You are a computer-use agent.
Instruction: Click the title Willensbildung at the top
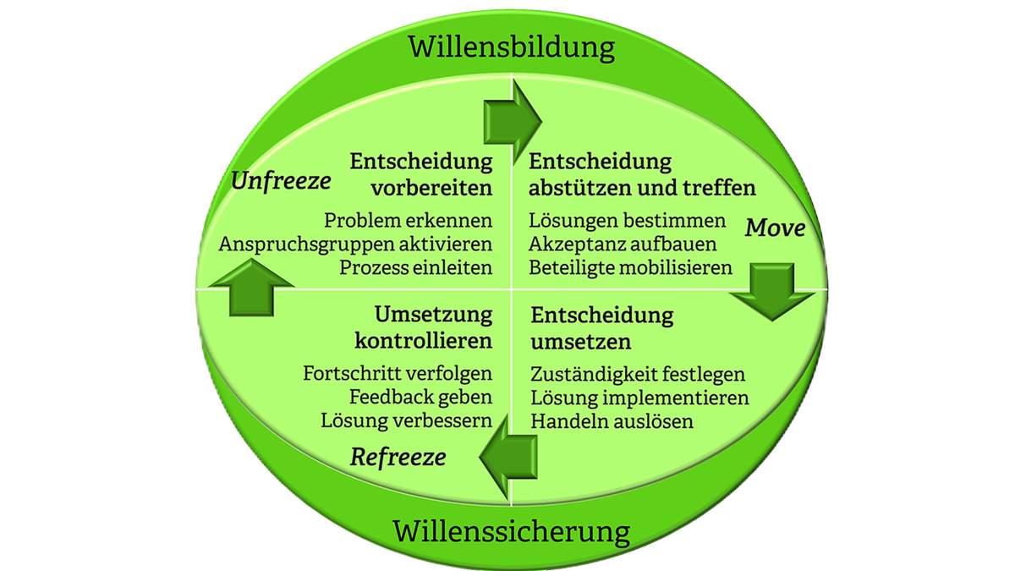click(512, 47)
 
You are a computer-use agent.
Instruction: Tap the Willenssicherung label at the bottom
click(512, 533)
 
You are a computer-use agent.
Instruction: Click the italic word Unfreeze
click(279, 181)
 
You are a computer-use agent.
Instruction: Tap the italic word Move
click(775, 228)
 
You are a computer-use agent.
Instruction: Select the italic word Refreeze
click(398, 458)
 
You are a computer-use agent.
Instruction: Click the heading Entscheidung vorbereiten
click(421, 174)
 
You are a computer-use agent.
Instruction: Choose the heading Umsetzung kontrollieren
click(421, 328)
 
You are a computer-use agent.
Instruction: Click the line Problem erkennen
click(408, 222)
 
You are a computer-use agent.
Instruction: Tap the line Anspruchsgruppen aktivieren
click(355, 244)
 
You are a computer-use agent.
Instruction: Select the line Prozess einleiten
click(415, 267)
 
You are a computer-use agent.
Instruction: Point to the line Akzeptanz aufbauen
click(623, 244)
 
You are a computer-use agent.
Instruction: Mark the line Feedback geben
click(420, 397)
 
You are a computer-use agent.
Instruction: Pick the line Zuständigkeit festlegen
click(638, 374)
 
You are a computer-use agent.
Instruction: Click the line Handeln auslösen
click(612, 420)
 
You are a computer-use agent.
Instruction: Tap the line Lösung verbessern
click(406, 420)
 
